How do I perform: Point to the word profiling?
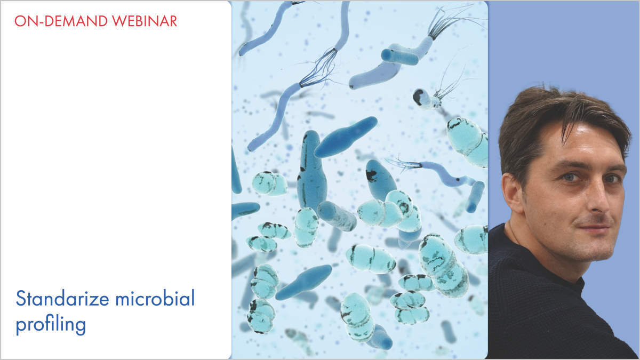coord(51,324)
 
